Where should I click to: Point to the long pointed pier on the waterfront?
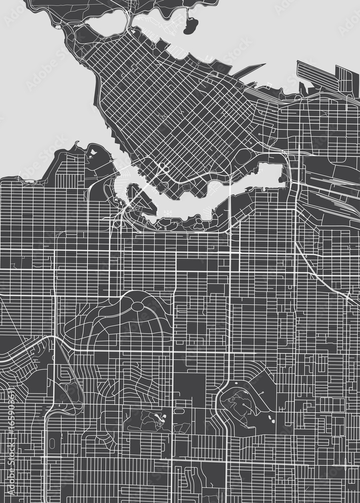(249, 70)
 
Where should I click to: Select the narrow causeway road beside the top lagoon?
(129, 20)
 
